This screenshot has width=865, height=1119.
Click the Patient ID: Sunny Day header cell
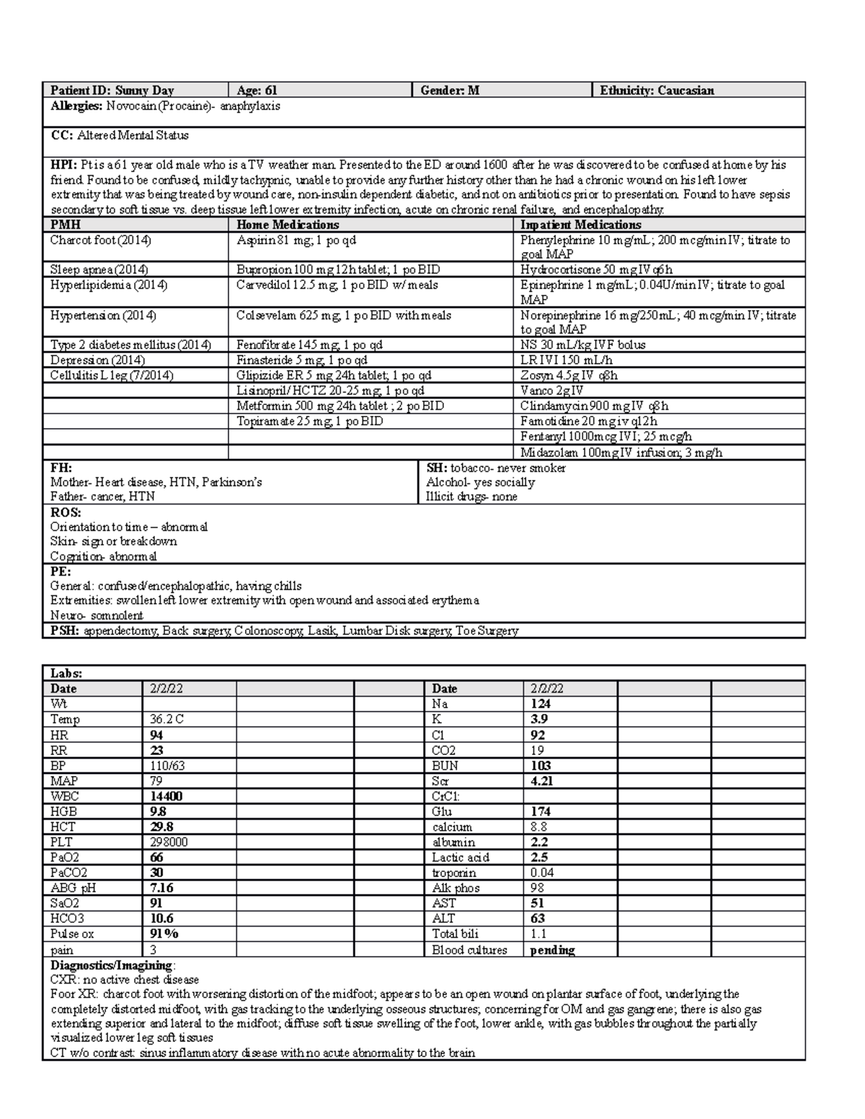coord(112,90)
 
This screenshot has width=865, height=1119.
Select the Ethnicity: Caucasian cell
coord(657,90)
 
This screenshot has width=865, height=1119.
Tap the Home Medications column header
coord(288,225)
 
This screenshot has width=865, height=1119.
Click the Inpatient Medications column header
coord(580,225)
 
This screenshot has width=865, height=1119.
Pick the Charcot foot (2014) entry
coord(101,240)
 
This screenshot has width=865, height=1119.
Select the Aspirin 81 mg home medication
coord(296,240)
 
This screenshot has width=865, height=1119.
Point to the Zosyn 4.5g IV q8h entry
coord(569,375)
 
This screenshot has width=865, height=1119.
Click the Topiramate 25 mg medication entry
coord(309,421)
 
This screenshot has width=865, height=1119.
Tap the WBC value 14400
coord(166,796)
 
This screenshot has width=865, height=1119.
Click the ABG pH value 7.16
coord(161,888)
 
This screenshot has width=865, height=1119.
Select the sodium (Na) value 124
coord(541,703)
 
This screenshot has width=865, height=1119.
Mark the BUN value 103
coord(541,765)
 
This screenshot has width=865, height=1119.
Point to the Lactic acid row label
coord(461,857)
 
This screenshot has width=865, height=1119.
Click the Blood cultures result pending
coord(552,950)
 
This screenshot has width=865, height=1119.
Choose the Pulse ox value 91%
coord(164,934)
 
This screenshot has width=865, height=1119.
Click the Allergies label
coord(76,106)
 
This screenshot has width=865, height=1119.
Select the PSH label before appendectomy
coord(65,630)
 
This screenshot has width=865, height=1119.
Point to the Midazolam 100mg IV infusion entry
coord(621,452)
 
